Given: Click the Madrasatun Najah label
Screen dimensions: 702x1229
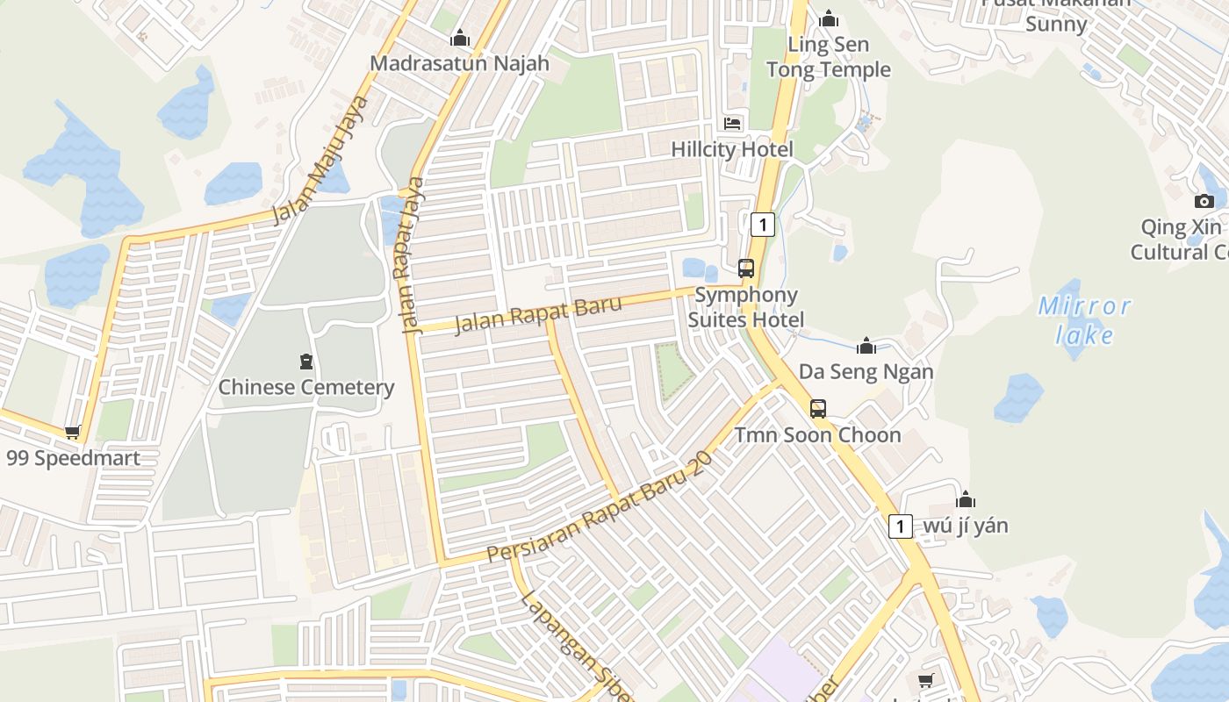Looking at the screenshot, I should [459, 63].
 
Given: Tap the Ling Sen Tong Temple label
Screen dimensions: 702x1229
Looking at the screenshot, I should [828, 57].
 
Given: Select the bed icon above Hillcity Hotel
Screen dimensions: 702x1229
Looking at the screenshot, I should [732, 124].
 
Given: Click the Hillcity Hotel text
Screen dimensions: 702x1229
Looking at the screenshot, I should [731, 149].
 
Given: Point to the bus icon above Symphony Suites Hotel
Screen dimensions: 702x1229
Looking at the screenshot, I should [745, 269].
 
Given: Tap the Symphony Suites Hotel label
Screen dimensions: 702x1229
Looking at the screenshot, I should [745, 307].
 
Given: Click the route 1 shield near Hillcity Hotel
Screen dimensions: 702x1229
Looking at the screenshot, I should [763, 225].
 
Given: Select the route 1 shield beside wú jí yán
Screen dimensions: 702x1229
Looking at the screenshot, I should [900, 526].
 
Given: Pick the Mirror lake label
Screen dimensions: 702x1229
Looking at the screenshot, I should [1085, 320].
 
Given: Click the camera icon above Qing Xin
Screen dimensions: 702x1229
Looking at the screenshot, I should [1204, 201].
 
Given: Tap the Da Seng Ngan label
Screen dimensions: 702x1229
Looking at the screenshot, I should [866, 372].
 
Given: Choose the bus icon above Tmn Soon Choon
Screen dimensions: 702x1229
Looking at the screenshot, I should [817, 408].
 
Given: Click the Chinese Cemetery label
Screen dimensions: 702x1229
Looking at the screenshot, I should [305, 387].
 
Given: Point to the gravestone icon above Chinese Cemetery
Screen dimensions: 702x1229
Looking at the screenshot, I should [305, 361].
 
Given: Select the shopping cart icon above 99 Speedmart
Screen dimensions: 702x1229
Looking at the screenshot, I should [73, 432].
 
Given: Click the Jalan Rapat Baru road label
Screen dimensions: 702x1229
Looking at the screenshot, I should [538, 315].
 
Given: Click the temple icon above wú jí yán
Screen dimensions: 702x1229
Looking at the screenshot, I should [966, 500].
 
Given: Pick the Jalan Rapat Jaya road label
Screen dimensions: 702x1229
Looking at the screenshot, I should [412, 254].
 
